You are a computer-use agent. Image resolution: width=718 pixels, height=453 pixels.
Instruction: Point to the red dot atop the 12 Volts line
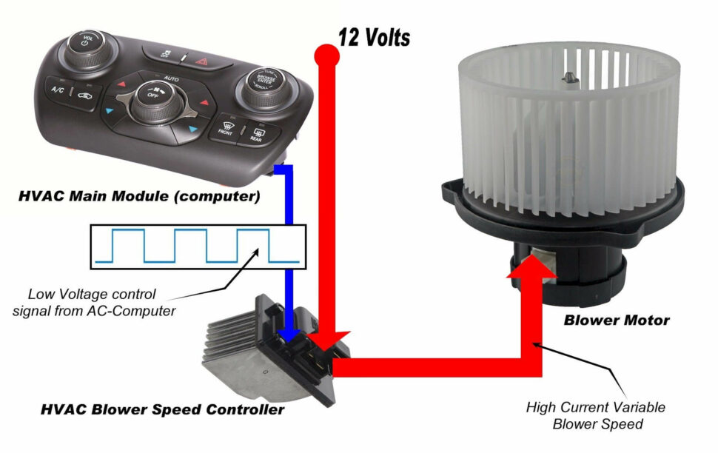tap(323, 53)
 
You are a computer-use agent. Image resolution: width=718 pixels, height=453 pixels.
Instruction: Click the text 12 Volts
tap(374, 37)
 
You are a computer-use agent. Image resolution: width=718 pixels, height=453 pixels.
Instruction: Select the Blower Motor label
tap(616, 321)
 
